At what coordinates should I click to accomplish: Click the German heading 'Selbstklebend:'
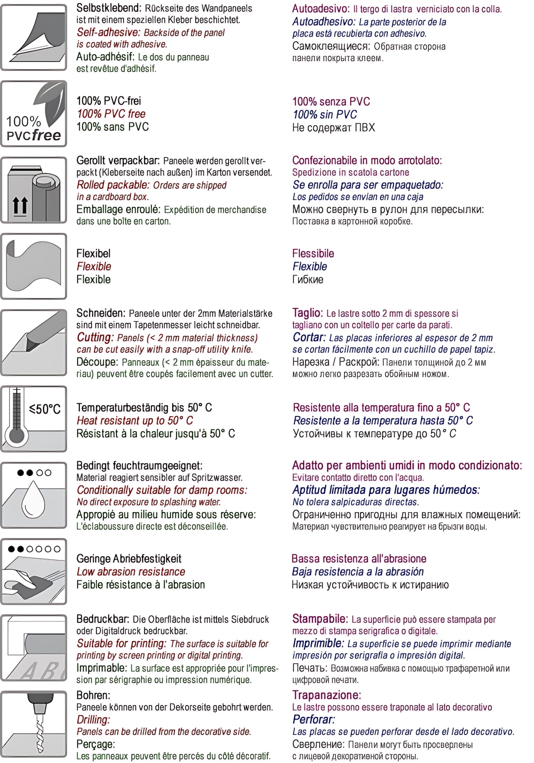point(109,8)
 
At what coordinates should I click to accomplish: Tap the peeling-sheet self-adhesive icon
point(34,37)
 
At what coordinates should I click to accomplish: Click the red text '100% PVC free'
point(111,114)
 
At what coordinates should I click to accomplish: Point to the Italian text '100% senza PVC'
point(331,102)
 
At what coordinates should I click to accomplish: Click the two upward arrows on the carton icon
point(20,206)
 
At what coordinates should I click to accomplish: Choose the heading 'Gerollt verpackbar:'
point(119,161)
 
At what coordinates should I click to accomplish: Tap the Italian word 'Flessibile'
point(313,254)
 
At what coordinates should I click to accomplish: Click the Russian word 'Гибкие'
point(308,280)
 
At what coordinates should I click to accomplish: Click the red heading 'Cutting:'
point(95,337)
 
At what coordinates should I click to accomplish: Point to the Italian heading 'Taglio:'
point(307,313)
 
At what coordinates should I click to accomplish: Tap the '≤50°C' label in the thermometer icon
point(45,409)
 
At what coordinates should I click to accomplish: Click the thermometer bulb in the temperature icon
point(16,435)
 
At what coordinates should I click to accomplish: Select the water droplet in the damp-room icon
point(33,499)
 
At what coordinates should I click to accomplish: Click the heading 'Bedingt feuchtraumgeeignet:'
point(139,466)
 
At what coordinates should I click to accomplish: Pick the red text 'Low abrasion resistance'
point(131,572)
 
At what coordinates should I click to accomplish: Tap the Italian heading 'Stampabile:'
point(320,619)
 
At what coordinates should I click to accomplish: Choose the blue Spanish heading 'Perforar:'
point(314,719)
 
